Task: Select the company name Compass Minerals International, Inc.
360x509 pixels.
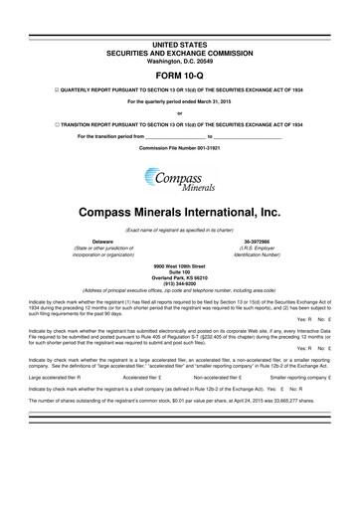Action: click(x=179, y=213)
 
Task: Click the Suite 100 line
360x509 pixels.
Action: click(x=179, y=272)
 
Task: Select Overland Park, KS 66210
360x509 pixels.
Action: click(x=179, y=277)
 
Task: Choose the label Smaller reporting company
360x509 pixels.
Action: click(x=304, y=378)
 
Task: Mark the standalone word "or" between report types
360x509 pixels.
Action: click(x=179, y=111)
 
